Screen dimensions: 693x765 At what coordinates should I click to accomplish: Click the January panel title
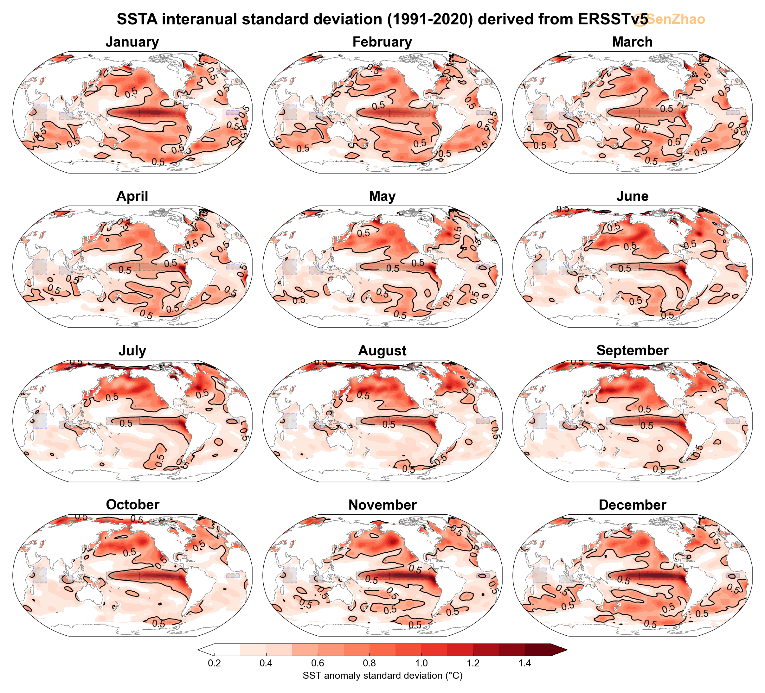click(132, 42)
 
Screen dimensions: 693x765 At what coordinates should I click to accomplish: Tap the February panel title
click(382, 42)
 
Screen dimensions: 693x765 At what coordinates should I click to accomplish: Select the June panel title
click(632, 196)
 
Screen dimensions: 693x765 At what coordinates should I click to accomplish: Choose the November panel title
click(382, 505)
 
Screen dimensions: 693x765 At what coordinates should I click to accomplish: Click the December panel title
click(632, 505)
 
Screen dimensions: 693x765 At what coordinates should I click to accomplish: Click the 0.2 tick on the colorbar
click(215, 664)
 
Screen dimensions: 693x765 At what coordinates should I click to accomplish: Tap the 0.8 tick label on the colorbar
click(370, 664)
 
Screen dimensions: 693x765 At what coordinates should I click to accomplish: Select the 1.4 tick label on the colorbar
click(525, 664)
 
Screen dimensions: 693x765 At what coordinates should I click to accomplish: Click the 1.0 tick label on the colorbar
click(421, 664)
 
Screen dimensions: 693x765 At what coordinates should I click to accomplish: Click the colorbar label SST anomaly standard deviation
click(382, 676)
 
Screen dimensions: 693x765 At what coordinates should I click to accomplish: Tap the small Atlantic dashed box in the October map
click(233, 575)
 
